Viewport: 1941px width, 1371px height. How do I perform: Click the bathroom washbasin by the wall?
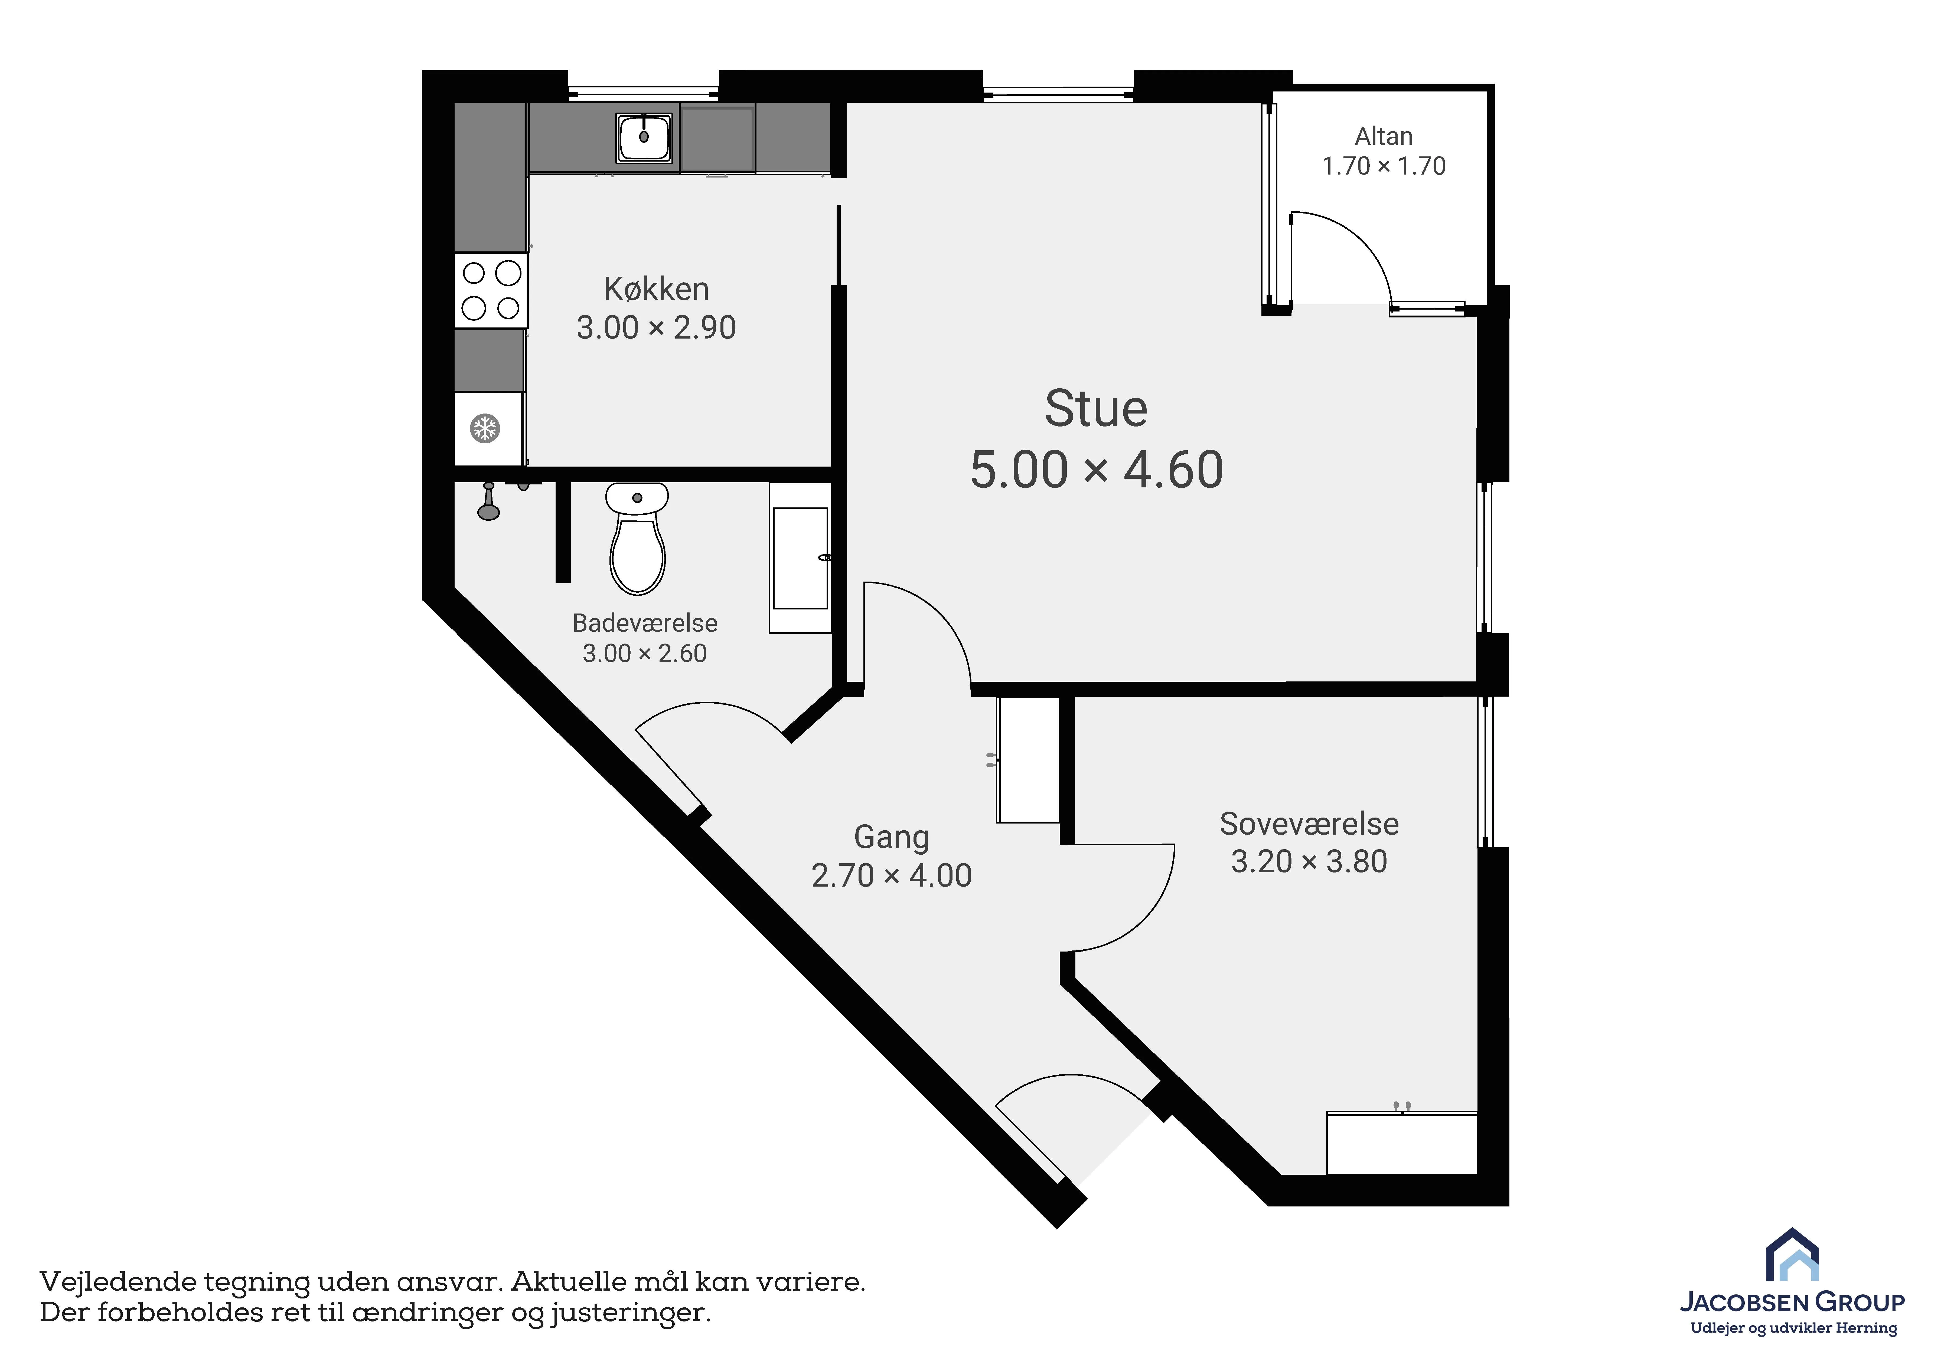coord(801,558)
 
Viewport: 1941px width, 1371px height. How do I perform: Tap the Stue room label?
coord(1096,409)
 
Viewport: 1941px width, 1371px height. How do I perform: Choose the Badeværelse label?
coord(645,623)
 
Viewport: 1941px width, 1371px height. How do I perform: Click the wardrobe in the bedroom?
coord(1402,1143)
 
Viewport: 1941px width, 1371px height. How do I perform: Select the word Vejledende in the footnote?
coord(117,1282)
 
